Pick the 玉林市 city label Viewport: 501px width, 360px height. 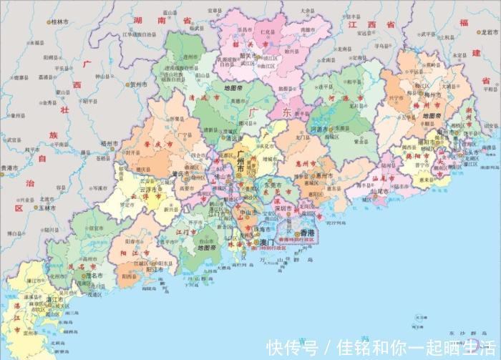(x=49, y=208)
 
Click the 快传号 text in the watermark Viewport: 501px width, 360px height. (x=291, y=348)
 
